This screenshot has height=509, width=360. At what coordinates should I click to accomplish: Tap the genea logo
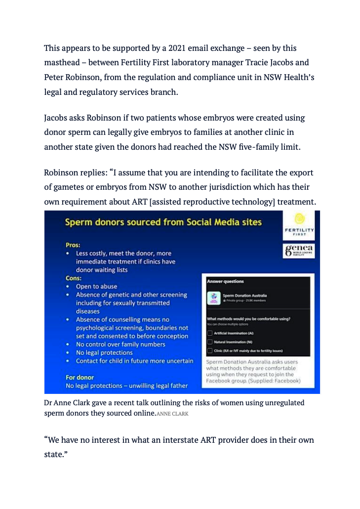(x=298, y=250)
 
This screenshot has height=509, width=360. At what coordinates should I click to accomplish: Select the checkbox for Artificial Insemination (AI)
(x=210, y=333)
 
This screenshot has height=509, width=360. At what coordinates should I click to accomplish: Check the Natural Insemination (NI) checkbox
(x=210, y=341)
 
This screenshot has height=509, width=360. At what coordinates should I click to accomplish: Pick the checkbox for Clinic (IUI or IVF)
(x=210, y=350)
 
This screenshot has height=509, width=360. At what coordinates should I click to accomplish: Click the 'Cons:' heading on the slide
(x=74, y=278)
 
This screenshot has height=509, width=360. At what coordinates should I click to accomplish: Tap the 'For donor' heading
(x=80, y=377)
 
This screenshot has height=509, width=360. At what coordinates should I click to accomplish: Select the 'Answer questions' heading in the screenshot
(x=225, y=281)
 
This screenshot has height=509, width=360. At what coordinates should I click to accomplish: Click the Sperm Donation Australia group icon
(x=214, y=297)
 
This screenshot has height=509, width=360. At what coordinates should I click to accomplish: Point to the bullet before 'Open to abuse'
(x=68, y=287)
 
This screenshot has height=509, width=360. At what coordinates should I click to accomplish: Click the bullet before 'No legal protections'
(x=68, y=353)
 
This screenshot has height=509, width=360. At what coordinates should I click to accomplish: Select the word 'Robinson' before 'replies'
(x=61, y=173)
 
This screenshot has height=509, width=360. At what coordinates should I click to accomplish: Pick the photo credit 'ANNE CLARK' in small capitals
(x=172, y=414)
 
